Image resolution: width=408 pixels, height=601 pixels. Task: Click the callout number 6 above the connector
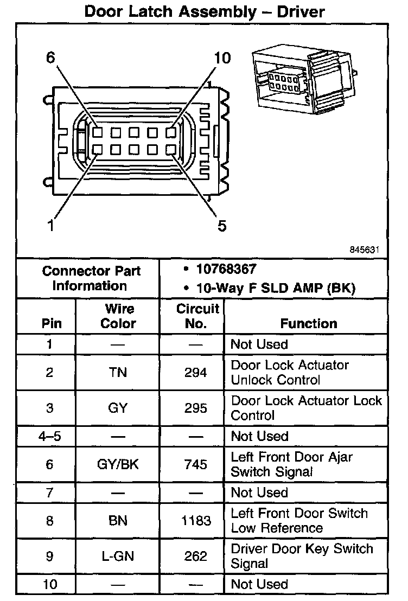tap(50, 58)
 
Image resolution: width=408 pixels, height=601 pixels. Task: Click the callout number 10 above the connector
tap(222, 58)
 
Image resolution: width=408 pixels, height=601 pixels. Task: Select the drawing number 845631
tap(363, 250)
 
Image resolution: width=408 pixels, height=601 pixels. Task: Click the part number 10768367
tap(226, 270)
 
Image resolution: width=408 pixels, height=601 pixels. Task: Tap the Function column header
tap(309, 323)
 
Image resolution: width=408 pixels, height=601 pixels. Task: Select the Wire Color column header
tap(119, 316)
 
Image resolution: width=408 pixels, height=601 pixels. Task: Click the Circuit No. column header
tap(197, 316)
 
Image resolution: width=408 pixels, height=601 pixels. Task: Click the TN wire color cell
tap(118, 373)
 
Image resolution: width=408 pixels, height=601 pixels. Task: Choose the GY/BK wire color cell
tap(118, 464)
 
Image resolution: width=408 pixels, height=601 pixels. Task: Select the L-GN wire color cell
tap(118, 556)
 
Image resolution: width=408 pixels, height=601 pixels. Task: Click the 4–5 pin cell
tap(49, 436)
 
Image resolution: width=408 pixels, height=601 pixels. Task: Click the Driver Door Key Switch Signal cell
tap(302, 556)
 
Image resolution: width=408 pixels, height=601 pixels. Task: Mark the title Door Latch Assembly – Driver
tap(205, 12)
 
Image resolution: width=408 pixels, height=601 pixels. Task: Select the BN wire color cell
tap(118, 521)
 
